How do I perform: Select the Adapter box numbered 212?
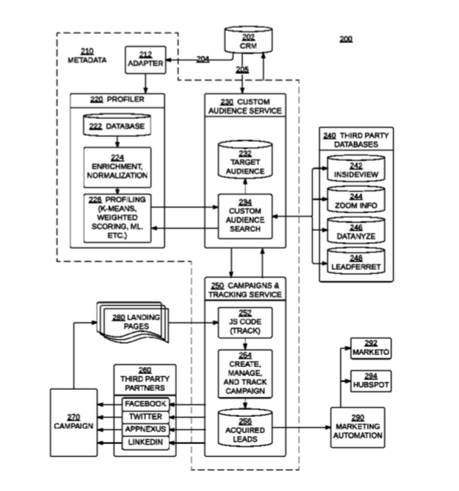pos(146,59)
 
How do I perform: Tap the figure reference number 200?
pos(345,39)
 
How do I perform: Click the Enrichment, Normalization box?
pos(117,167)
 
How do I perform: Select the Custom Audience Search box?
pos(244,216)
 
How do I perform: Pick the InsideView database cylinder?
pos(355,170)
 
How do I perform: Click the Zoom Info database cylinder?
pos(355,201)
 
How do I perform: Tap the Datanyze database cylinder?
pos(355,231)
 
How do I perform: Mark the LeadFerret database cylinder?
pos(355,262)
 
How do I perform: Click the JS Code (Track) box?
pos(244,322)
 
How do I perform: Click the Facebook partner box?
pos(145,404)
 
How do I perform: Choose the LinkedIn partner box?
pos(145,442)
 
